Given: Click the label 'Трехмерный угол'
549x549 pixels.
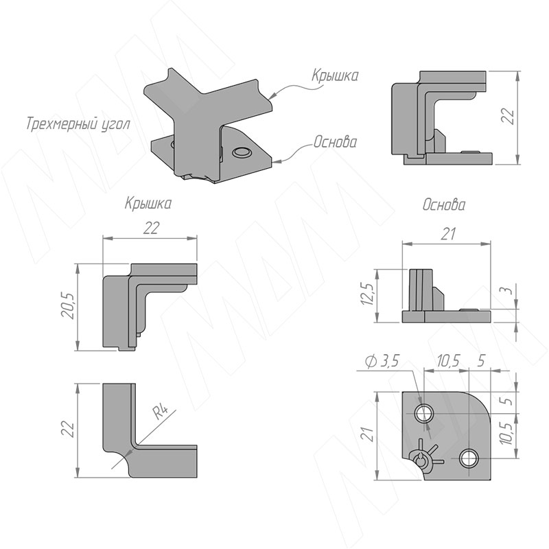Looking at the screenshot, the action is pos(78,124).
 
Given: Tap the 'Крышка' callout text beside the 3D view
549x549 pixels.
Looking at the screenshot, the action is pos(335,75).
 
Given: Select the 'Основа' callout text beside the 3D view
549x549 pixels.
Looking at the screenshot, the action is pos(336,142).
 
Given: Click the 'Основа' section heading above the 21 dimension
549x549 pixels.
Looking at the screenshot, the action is pos(444,205).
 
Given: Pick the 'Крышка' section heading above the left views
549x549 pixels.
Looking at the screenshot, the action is pos(148,203).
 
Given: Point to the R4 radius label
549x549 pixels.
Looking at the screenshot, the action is pos(161,412).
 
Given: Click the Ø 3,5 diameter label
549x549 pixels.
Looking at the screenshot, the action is pos(382,361).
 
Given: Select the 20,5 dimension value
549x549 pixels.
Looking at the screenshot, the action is pos(68,306).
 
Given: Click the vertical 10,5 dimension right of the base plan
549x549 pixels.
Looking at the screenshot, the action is pos(508,433).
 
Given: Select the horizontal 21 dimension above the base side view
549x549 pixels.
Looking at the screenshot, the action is pos(448,234).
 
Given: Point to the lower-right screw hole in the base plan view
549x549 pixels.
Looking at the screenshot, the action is pos(469,459).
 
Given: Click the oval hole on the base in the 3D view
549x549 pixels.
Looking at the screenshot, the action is pos(242,152).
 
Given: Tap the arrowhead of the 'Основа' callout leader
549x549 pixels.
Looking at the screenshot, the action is pos(276,161).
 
